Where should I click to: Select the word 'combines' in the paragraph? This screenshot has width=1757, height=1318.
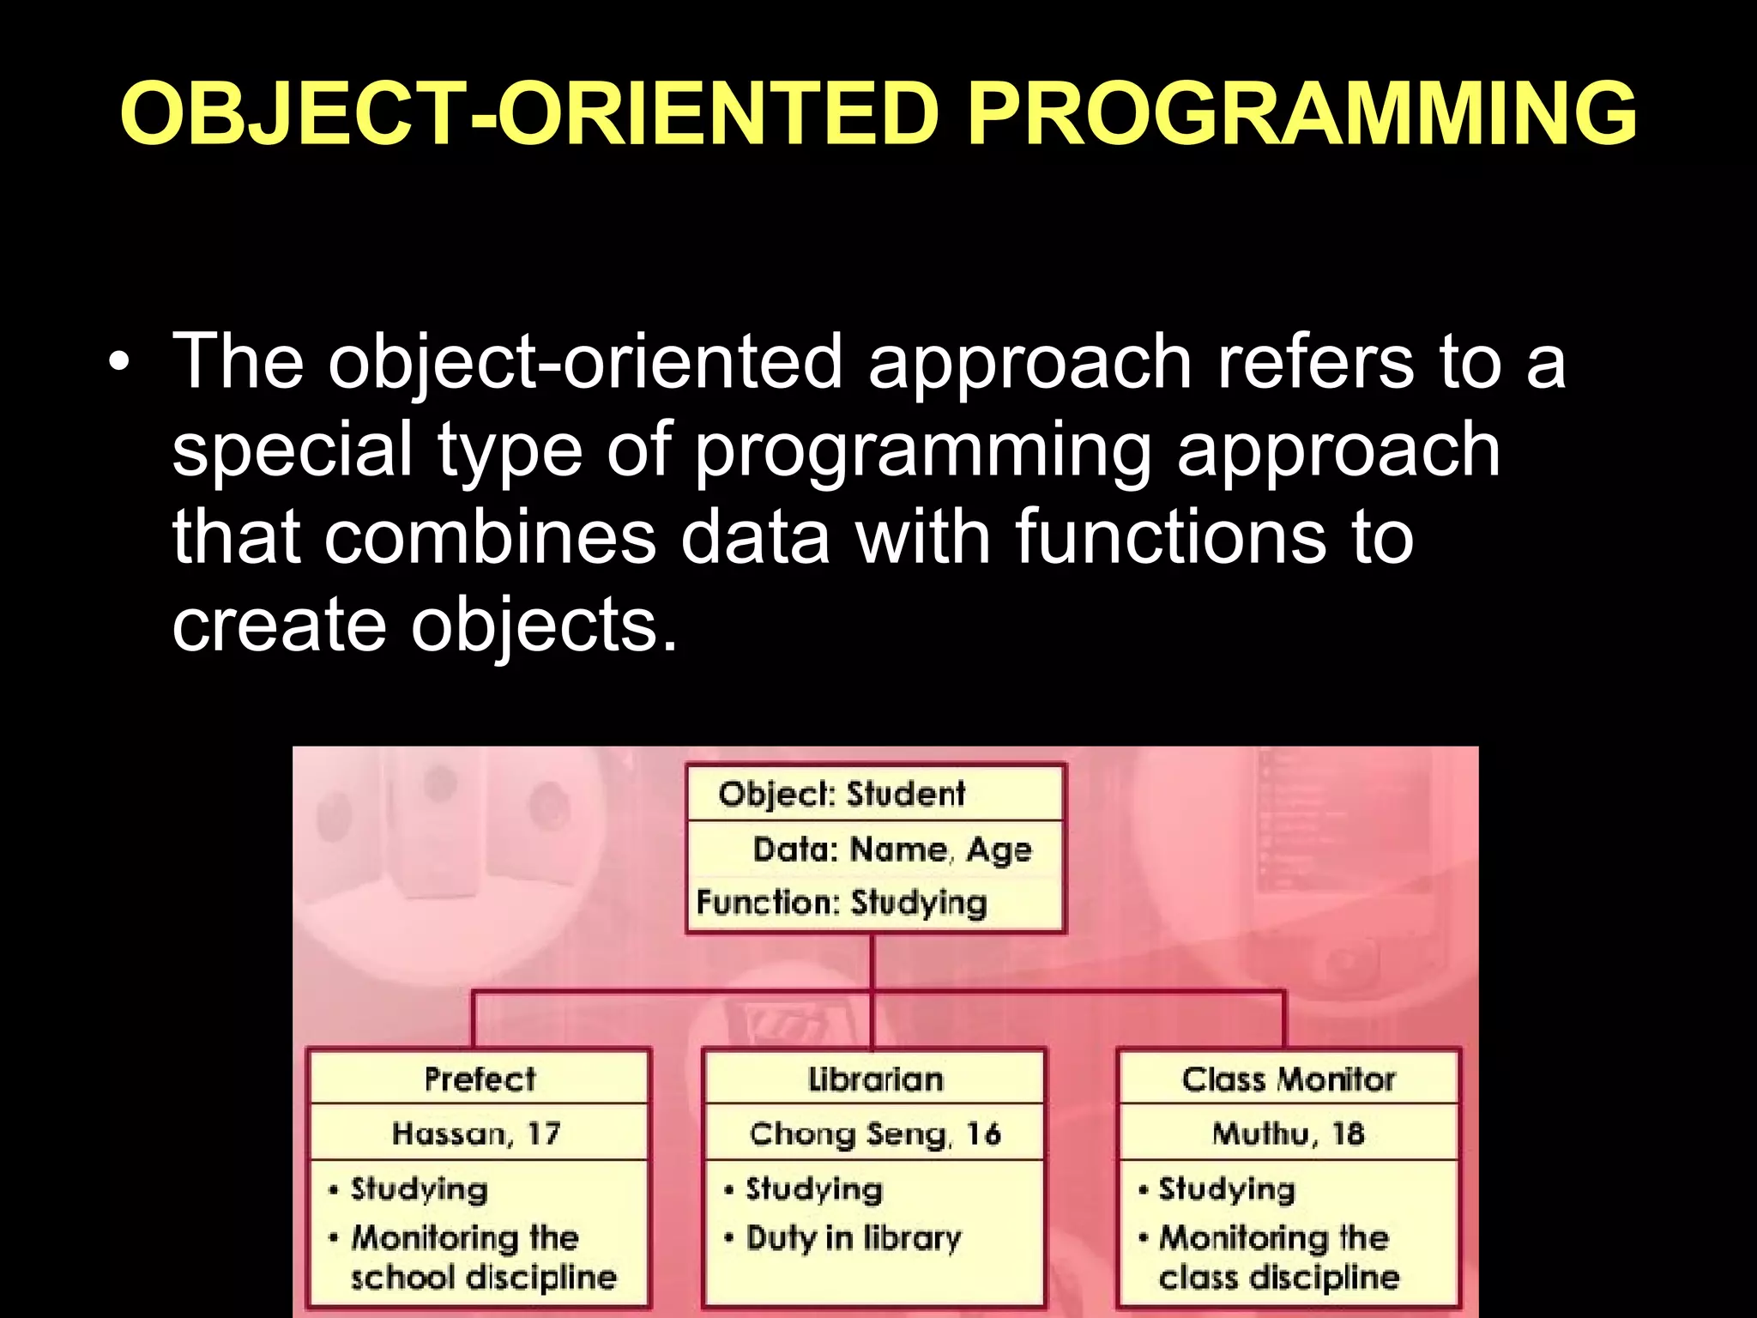(x=490, y=538)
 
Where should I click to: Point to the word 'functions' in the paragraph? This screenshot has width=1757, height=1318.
(x=1171, y=538)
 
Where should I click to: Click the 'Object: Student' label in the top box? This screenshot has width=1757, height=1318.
(x=842, y=794)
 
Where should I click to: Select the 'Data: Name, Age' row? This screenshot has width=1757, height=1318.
(x=892, y=849)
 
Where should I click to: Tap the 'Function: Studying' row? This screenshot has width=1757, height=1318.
(x=842, y=903)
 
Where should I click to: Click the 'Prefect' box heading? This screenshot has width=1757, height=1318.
(x=480, y=1079)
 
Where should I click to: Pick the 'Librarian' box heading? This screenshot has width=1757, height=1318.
(x=875, y=1079)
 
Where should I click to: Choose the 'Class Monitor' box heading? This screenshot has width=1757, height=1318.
(x=1289, y=1079)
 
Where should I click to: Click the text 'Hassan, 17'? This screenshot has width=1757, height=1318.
(x=476, y=1134)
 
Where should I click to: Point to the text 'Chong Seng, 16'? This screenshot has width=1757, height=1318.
(x=875, y=1134)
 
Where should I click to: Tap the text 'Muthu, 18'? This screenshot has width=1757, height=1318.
(x=1288, y=1134)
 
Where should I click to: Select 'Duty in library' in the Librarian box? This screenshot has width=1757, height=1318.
(x=854, y=1238)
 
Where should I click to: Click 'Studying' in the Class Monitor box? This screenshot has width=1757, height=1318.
(x=1227, y=1189)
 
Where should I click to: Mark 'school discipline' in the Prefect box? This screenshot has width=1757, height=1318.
(x=483, y=1278)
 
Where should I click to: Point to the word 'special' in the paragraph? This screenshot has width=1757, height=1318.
(x=292, y=450)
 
